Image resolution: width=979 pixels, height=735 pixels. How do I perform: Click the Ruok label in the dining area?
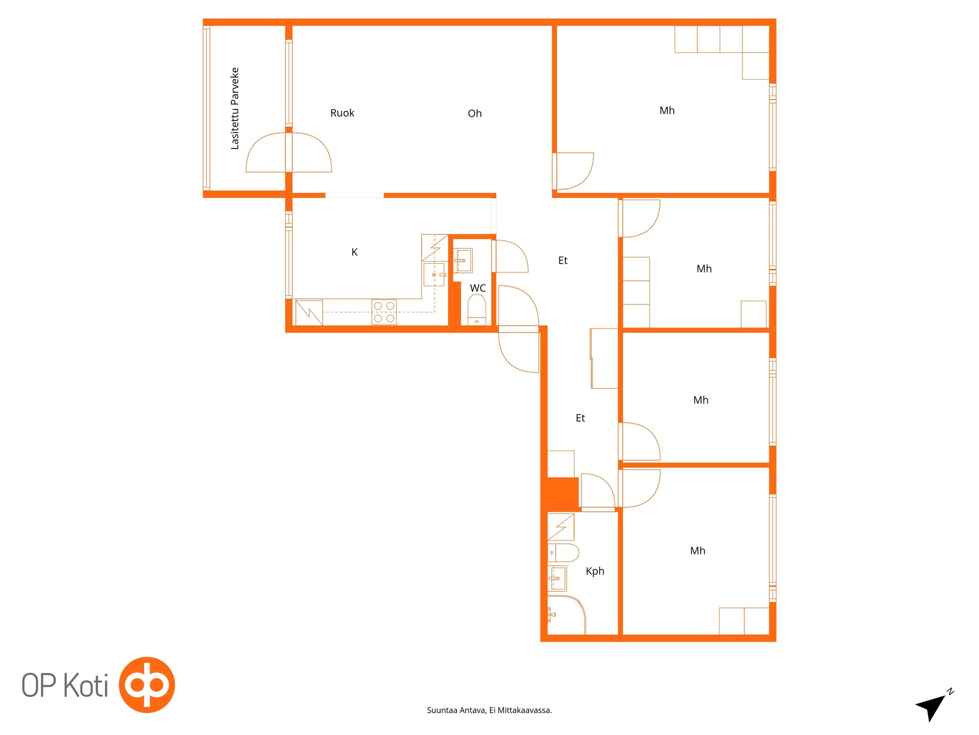coord(342,113)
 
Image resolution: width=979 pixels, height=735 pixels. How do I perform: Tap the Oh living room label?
coord(475,113)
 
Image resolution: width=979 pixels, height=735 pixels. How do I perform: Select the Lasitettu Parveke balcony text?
coord(235,108)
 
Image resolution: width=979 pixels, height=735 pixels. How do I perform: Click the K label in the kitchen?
coord(354,252)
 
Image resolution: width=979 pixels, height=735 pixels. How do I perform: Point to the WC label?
coord(478,288)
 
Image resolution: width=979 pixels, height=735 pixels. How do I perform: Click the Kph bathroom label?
coord(595,571)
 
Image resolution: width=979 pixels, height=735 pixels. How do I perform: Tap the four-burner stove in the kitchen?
coord(384,312)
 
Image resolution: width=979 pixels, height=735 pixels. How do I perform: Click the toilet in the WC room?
coord(476,310)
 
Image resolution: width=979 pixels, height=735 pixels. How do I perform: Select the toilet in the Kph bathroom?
coord(563,553)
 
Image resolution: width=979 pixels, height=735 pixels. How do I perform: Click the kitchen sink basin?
coord(434,275)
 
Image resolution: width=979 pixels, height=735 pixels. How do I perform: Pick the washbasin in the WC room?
coord(463,260)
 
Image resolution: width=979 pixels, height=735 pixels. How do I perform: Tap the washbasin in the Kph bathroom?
coord(557,578)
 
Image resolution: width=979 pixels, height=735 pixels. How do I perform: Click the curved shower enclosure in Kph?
coord(566,615)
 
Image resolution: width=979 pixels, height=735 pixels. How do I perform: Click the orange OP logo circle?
coord(147,684)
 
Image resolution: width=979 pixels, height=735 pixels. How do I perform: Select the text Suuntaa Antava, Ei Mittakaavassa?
coord(489,710)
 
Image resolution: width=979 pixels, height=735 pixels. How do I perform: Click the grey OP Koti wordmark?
coord(65,685)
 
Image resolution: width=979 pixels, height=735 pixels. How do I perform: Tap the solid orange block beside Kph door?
coord(563,494)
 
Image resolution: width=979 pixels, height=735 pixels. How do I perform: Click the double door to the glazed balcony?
coord(289,153)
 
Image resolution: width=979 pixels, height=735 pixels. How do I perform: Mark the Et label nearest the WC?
coord(563,260)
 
